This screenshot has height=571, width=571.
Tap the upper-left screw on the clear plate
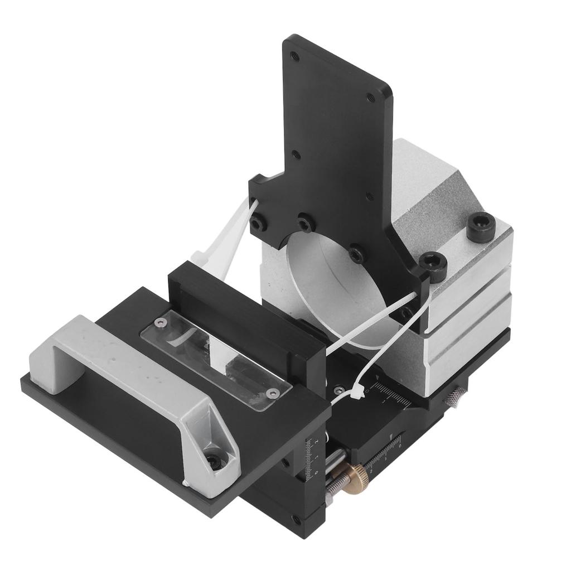[161, 322]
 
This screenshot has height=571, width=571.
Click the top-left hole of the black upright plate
[295, 56]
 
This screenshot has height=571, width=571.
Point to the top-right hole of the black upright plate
[370, 96]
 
